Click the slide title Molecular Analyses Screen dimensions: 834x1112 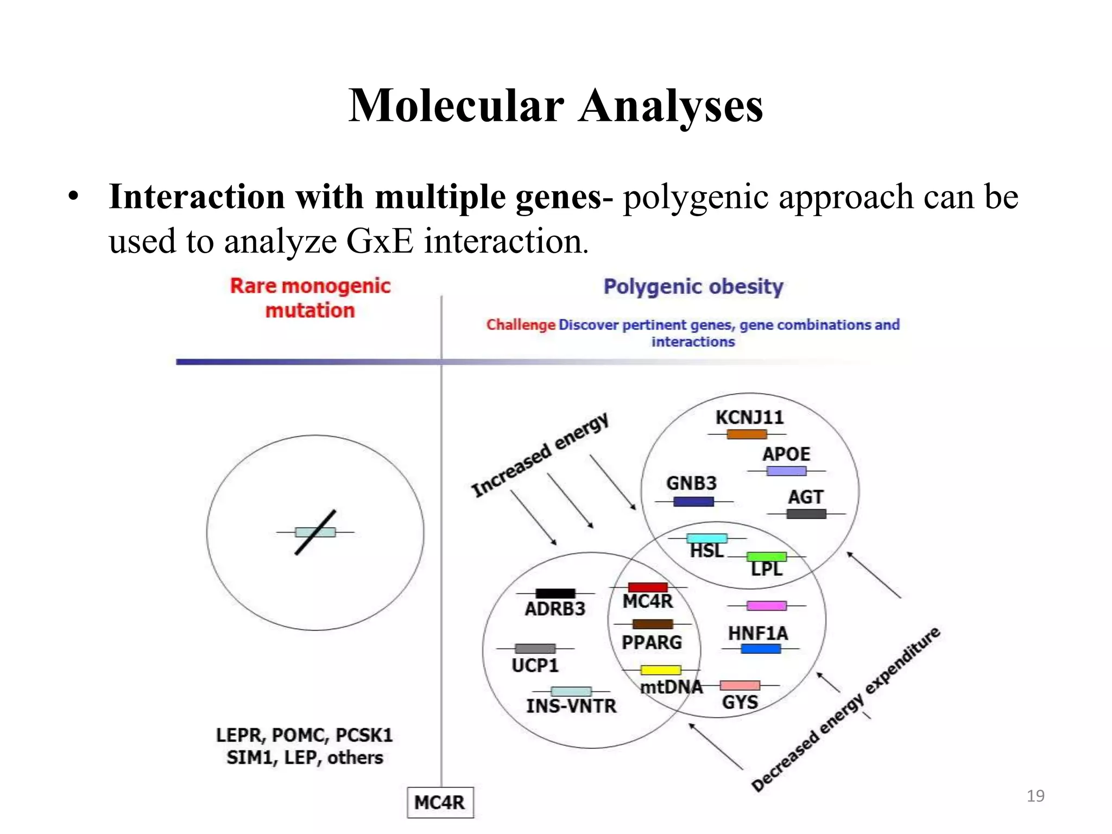pyautogui.click(x=555, y=105)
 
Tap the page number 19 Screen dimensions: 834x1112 pyautogui.click(x=1035, y=796)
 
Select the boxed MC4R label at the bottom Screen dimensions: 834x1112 pyautogui.click(x=440, y=802)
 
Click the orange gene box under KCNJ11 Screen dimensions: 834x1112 pyautogui.click(x=747, y=434)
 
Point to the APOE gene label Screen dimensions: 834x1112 pyautogui.click(x=786, y=454)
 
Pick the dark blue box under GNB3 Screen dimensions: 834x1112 pyautogui.click(x=693, y=501)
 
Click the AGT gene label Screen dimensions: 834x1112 pyautogui.click(x=805, y=497)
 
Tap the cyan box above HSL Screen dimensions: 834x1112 pyautogui.click(x=706, y=538)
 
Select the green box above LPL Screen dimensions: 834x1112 pyautogui.click(x=766, y=557)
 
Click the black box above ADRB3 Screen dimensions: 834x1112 pyautogui.click(x=555, y=593)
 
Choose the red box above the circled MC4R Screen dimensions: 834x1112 pyautogui.click(x=647, y=587)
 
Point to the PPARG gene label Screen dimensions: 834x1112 pyautogui.click(x=652, y=642)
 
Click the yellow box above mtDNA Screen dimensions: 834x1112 pyautogui.click(x=660, y=670)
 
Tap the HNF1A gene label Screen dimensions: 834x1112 pyautogui.click(x=757, y=633)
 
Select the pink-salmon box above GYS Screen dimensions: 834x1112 pyautogui.click(x=740, y=685)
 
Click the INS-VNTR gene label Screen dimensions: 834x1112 pyautogui.click(x=571, y=706)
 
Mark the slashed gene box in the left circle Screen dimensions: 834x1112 pyautogui.click(x=315, y=532)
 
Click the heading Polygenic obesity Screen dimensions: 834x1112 pyautogui.click(x=693, y=287)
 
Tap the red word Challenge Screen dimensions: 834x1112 pyautogui.click(x=520, y=325)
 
